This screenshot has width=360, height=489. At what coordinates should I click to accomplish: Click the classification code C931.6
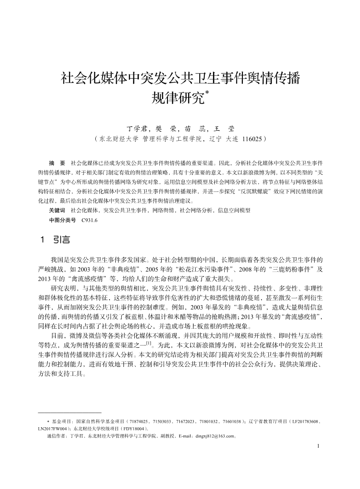pos(89,220)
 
